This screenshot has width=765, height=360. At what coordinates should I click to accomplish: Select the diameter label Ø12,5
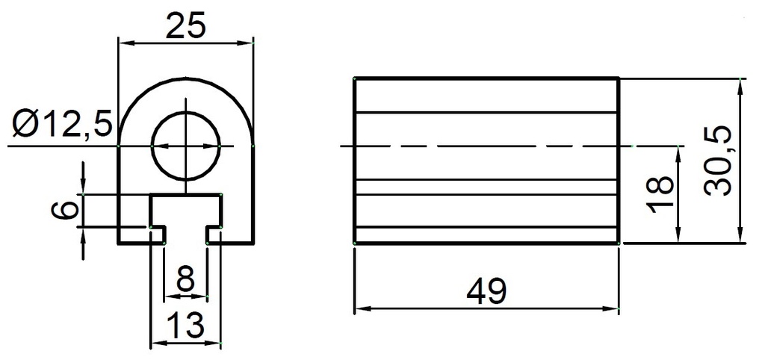62,122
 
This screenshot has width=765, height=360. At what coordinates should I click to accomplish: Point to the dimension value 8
185,282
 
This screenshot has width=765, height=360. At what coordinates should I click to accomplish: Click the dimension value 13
185,326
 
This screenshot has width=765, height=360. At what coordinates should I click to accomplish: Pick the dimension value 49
486,291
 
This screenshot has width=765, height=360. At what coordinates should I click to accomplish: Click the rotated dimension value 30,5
718,161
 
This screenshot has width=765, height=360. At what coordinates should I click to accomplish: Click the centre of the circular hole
186,146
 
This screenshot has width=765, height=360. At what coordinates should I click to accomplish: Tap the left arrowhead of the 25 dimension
124,43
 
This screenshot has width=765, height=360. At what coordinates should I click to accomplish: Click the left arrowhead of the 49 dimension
359,308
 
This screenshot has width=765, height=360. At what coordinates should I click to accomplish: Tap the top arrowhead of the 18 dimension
678,152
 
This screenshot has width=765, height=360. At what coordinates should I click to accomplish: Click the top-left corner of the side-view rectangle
354,78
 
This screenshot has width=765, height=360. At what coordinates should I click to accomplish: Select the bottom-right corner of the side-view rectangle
619,243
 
